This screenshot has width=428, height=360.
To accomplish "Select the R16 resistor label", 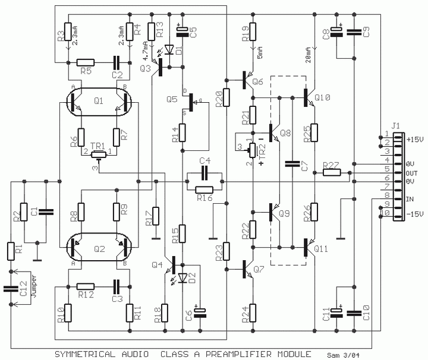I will (205, 198).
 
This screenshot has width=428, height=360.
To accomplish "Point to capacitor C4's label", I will (205, 161).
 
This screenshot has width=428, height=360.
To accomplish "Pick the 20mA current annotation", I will (309, 55).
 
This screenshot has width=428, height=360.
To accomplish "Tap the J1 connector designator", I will (396, 125).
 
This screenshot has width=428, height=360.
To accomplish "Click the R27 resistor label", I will (331, 164).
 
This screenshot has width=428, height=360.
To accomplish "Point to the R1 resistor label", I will (10, 250).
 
